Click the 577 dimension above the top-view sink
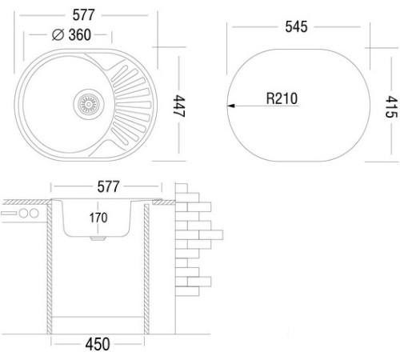pos(83,15)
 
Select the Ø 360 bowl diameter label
pos(71,34)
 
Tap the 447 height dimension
pos(179,106)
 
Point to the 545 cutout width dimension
pos(296,26)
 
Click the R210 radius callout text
pos(282,98)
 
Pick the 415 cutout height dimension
pos(391,106)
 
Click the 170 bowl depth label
pos(98,218)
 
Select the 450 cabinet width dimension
pos(98,344)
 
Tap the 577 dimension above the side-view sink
pos(108,186)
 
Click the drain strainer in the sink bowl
pos(89,104)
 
